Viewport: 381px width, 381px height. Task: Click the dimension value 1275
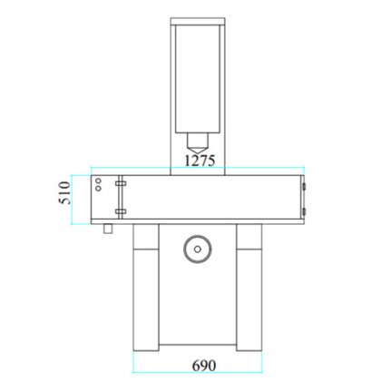pyautogui.click(x=200, y=161)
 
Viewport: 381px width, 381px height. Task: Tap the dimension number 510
pyautogui.click(x=64, y=192)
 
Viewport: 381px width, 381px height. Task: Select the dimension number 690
pyautogui.click(x=204, y=366)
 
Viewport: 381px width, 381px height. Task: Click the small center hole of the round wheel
pyautogui.click(x=198, y=249)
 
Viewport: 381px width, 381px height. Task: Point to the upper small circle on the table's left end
pyautogui.click(x=98, y=181)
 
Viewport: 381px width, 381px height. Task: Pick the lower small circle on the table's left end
pyautogui.click(x=98, y=188)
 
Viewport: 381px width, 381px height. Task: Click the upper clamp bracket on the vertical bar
pyautogui.click(x=121, y=183)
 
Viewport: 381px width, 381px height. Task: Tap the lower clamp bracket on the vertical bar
pyautogui.click(x=121, y=211)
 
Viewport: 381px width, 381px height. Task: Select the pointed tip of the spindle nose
pyautogui.click(x=198, y=153)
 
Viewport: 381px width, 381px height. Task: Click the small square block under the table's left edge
pyautogui.click(x=108, y=229)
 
